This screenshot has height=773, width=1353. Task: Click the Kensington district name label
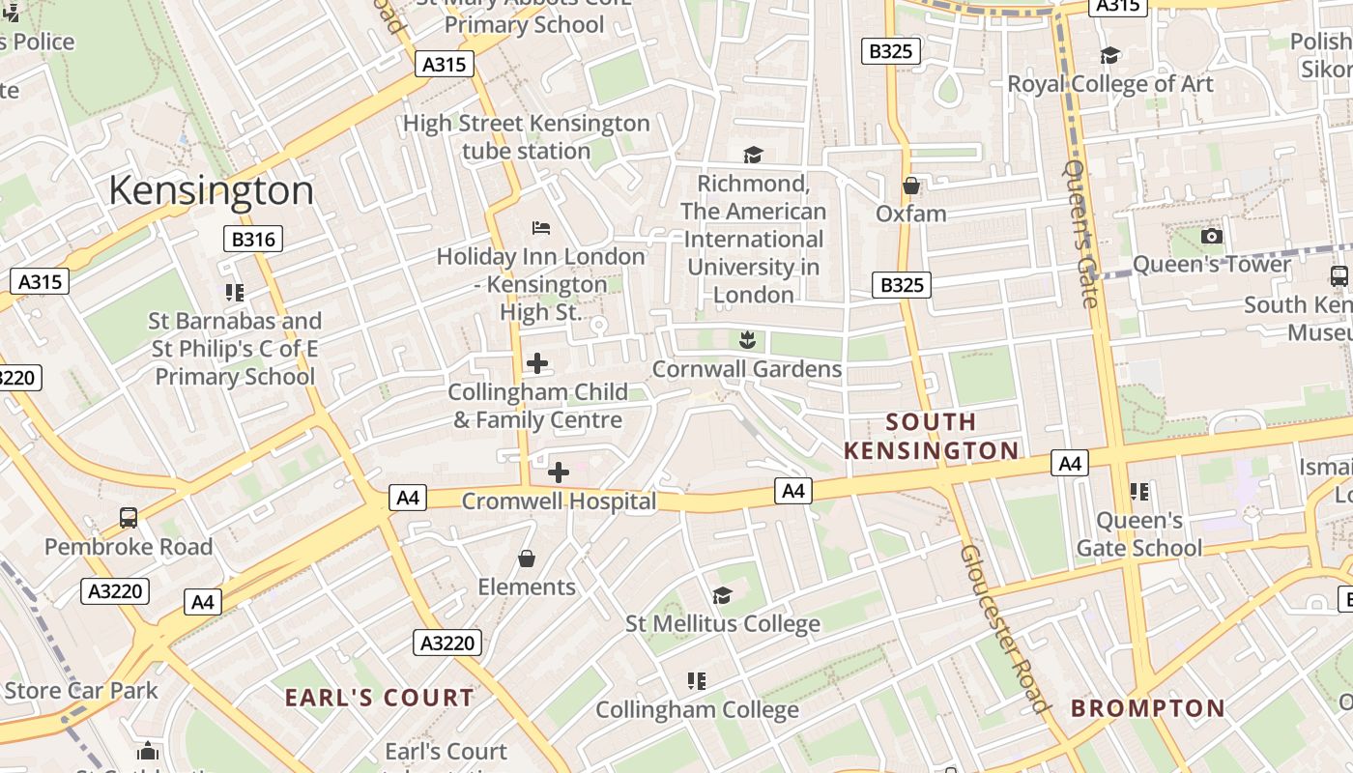pyautogui.click(x=211, y=190)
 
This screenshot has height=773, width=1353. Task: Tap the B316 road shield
pyautogui.click(x=253, y=239)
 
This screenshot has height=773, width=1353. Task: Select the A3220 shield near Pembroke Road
pyautogui.click(x=116, y=591)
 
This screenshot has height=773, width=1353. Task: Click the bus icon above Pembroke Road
pyautogui.click(x=129, y=517)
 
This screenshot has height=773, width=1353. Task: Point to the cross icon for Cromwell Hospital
pyautogui.click(x=559, y=472)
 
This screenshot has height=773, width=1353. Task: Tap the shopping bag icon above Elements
pyautogui.click(x=527, y=558)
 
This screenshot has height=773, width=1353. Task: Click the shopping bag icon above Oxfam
pyautogui.click(x=910, y=185)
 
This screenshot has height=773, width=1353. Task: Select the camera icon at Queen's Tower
pyautogui.click(x=1211, y=236)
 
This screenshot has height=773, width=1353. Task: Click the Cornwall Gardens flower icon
pyautogui.click(x=746, y=339)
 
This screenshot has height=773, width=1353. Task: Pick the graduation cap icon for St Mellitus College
pyautogui.click(x=722, y=594)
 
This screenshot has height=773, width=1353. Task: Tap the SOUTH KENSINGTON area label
pyautogui.click(x=931, y=436)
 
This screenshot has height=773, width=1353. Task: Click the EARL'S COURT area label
pyautogui.click(x=379, y=698)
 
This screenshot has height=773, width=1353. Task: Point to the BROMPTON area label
pyautogui.click(x=1147, y=708)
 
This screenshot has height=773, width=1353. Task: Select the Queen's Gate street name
pyautogui.click(x=1080, y=232)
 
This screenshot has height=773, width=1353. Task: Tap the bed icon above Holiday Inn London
pyautogui.click(x=541, y=228)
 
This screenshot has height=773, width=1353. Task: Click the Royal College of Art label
pyautogui.click(x=1109, y=84)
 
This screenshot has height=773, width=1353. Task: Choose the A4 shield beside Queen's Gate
pyautogui.click(x=1069, y=464)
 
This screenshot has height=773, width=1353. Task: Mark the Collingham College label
pyautogui.click(x=697, y=710)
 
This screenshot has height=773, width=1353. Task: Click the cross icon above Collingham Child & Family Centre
pyautogui.click(x=537, y=363)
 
